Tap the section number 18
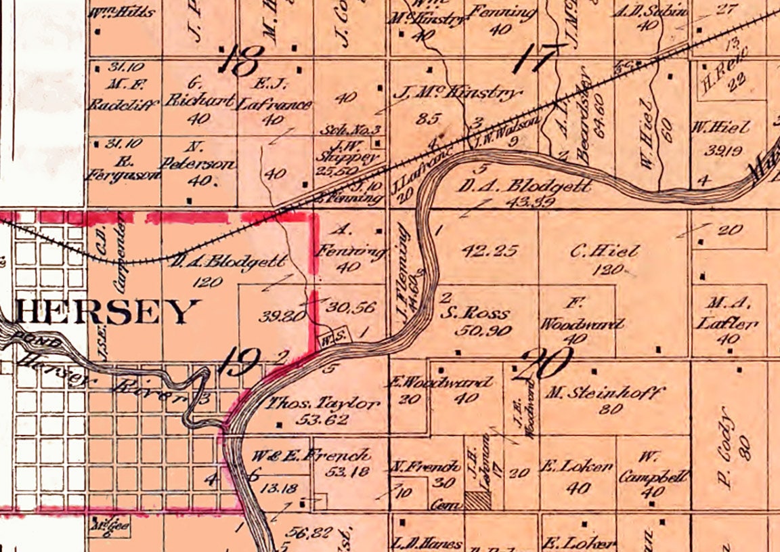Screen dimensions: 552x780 pos(239,62)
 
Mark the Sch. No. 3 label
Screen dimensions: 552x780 pos(364,129)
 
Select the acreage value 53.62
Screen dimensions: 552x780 pos(326,420)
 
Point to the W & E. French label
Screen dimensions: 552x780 pos(311,454)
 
